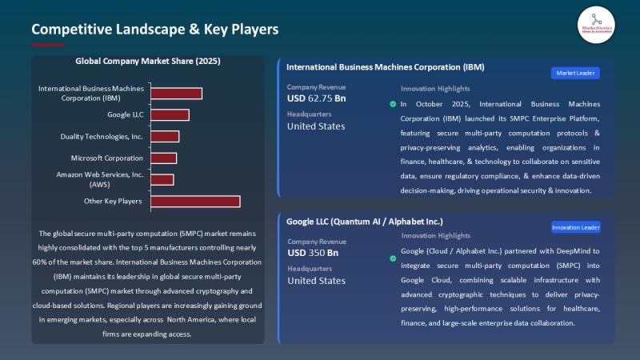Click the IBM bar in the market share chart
[177, 94]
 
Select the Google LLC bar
[170, 115]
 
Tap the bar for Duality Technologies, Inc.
[166, 137]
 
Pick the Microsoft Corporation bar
[164, 158]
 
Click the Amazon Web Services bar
[162, 179]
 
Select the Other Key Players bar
[196, 201]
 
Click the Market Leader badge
[575, 73]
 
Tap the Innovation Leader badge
[575, 227]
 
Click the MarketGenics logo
[595, 26]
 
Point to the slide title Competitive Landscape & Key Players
[155, 30]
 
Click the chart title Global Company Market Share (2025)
[148, 61]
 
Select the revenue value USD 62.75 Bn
[317, 98]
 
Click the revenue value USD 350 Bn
[313, 253]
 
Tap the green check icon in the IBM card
[393, 104]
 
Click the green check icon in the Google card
[393, 250]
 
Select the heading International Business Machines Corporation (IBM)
[385, 67]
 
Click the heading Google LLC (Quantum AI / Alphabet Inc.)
[365, 221]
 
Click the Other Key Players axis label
[113, 201]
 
